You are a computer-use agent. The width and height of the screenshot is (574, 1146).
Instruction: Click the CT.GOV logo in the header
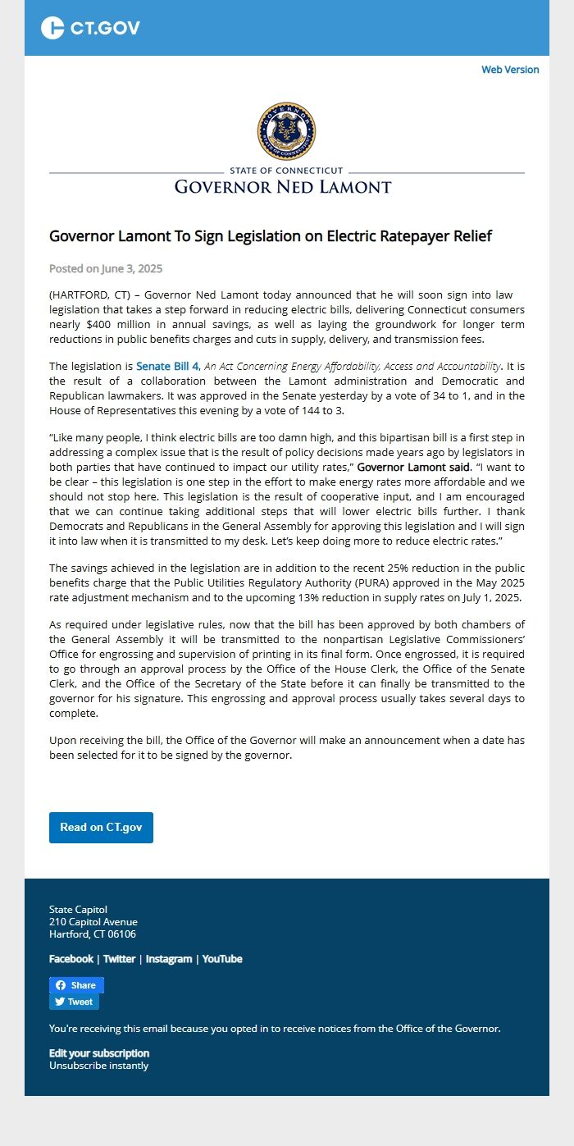pyautogui.click(x=90, y=28)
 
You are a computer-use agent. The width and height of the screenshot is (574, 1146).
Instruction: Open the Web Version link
pyautogui.click(x=510, y=70)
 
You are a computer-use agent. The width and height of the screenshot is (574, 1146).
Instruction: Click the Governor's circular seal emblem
pyautogui.click(x=286, y=131)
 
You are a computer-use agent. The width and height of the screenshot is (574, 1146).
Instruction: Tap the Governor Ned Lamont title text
pyautogui.click(x=283, y=187)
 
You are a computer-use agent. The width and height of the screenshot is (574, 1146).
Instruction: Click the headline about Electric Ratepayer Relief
pyautogui.click(x=271, y=236)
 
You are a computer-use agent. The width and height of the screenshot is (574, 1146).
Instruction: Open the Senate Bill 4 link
pyautogui.click(x=167, y=366)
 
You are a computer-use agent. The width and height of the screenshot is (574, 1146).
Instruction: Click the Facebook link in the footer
pyautogui.click(x=71, y=959)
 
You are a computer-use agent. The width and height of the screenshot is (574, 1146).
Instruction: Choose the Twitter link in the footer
pyautogui.click(x=119, y=959)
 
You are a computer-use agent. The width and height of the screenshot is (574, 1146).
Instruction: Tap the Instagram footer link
pyautogui.click(x=169, y=959)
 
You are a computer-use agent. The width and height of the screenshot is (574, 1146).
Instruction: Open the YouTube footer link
pyautogui.click(x=222, y=959)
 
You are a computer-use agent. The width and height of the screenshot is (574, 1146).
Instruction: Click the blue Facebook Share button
pyautogui.click(x=76, y=985)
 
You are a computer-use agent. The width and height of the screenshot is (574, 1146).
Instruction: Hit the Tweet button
pyautogui.click(x=74, y=1002)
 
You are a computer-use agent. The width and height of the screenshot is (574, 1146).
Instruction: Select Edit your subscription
pyautogui.click(x=99, y=1053)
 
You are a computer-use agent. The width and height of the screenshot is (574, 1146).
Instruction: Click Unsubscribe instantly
pyautogui.click(x=99, y=1066)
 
